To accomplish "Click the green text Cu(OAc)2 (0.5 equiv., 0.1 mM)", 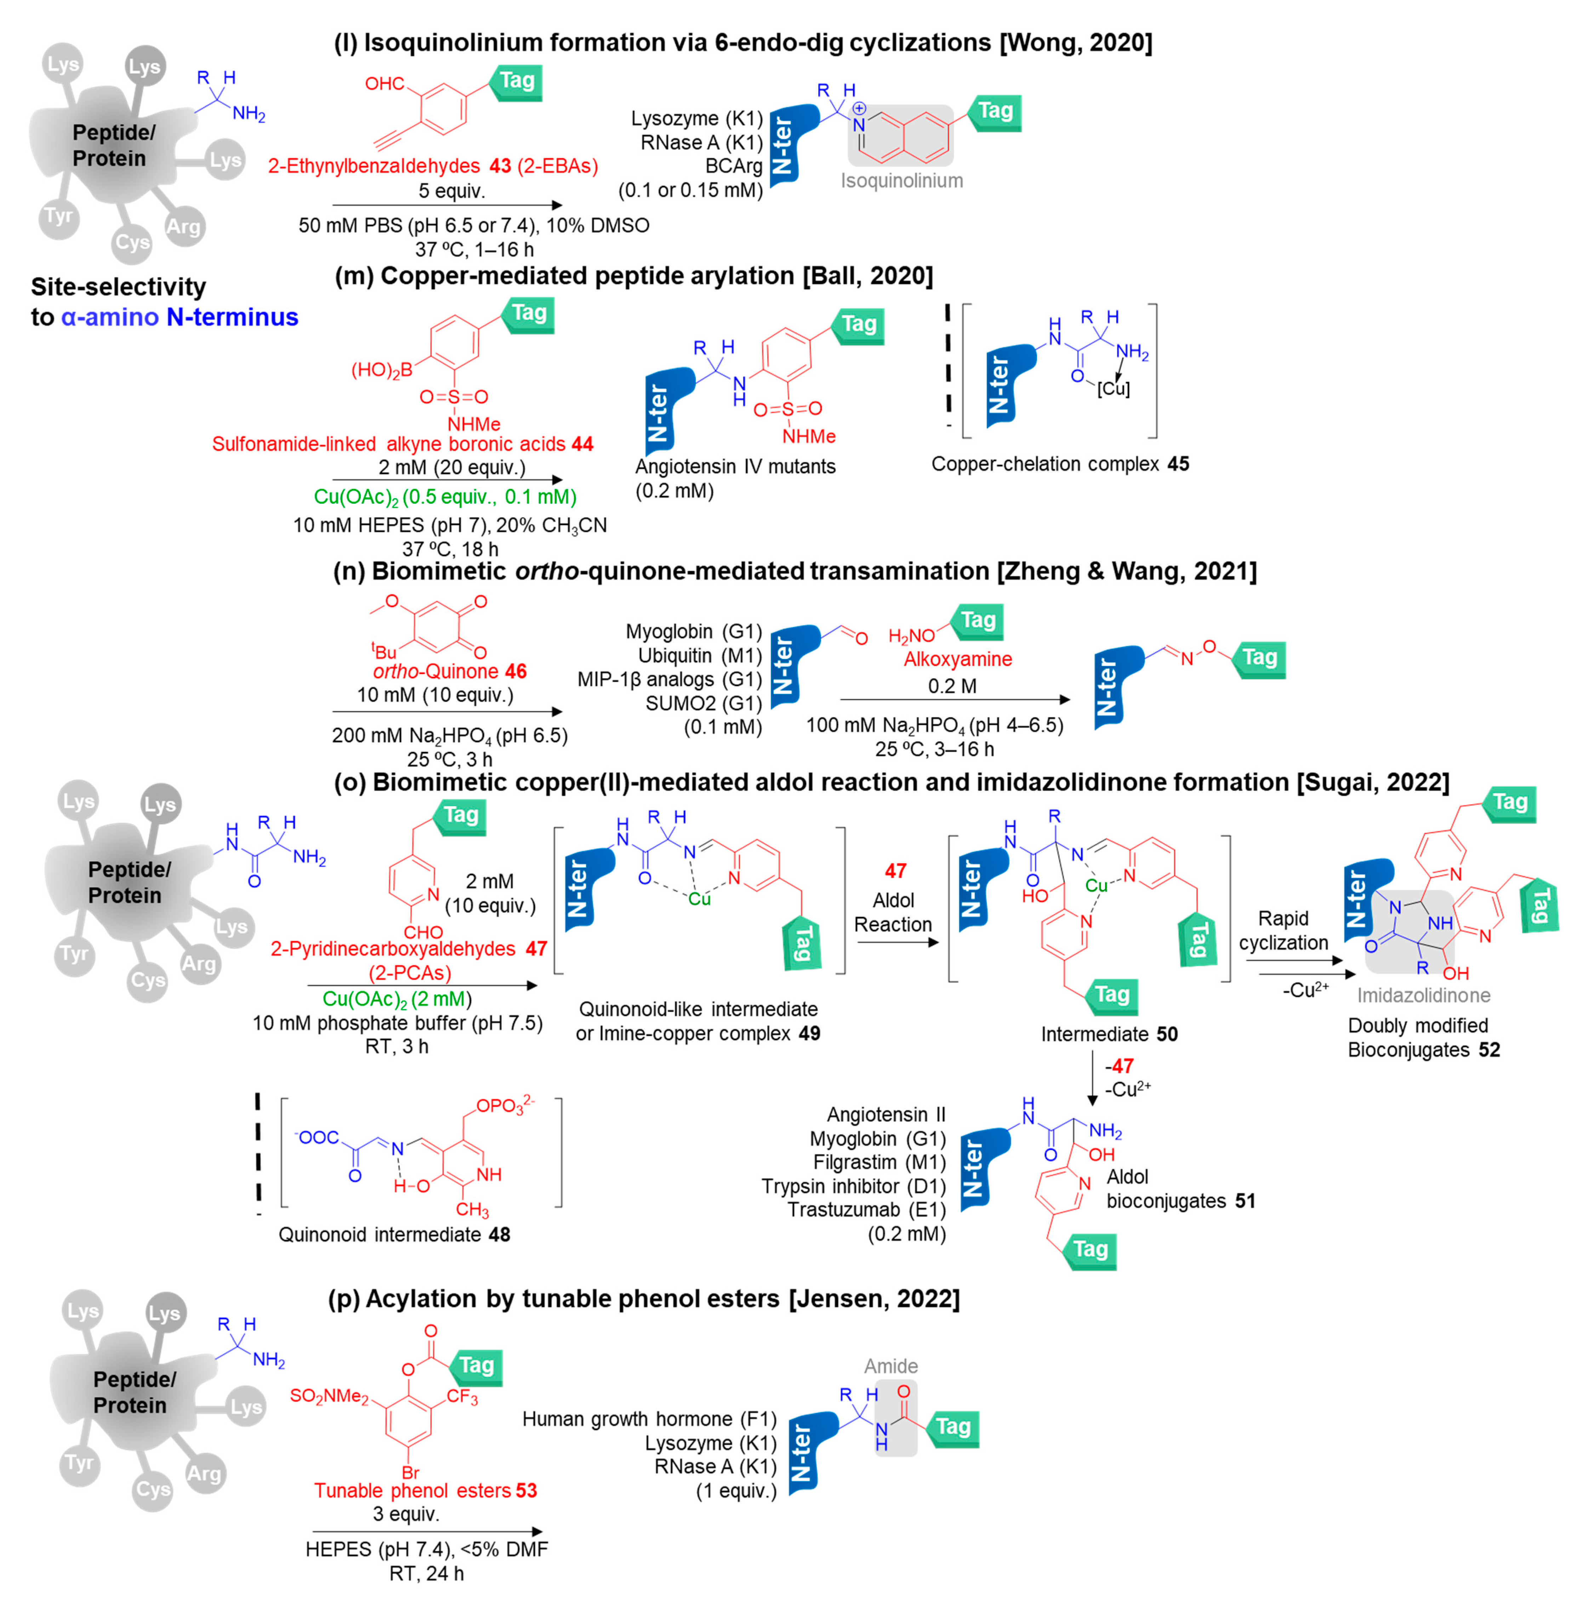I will pyautogui.click(x=445, y=497).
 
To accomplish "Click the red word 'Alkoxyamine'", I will pyautogui.click(x=957, y=659).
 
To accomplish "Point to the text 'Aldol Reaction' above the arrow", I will pyautogui.click(x=893, y=912).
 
